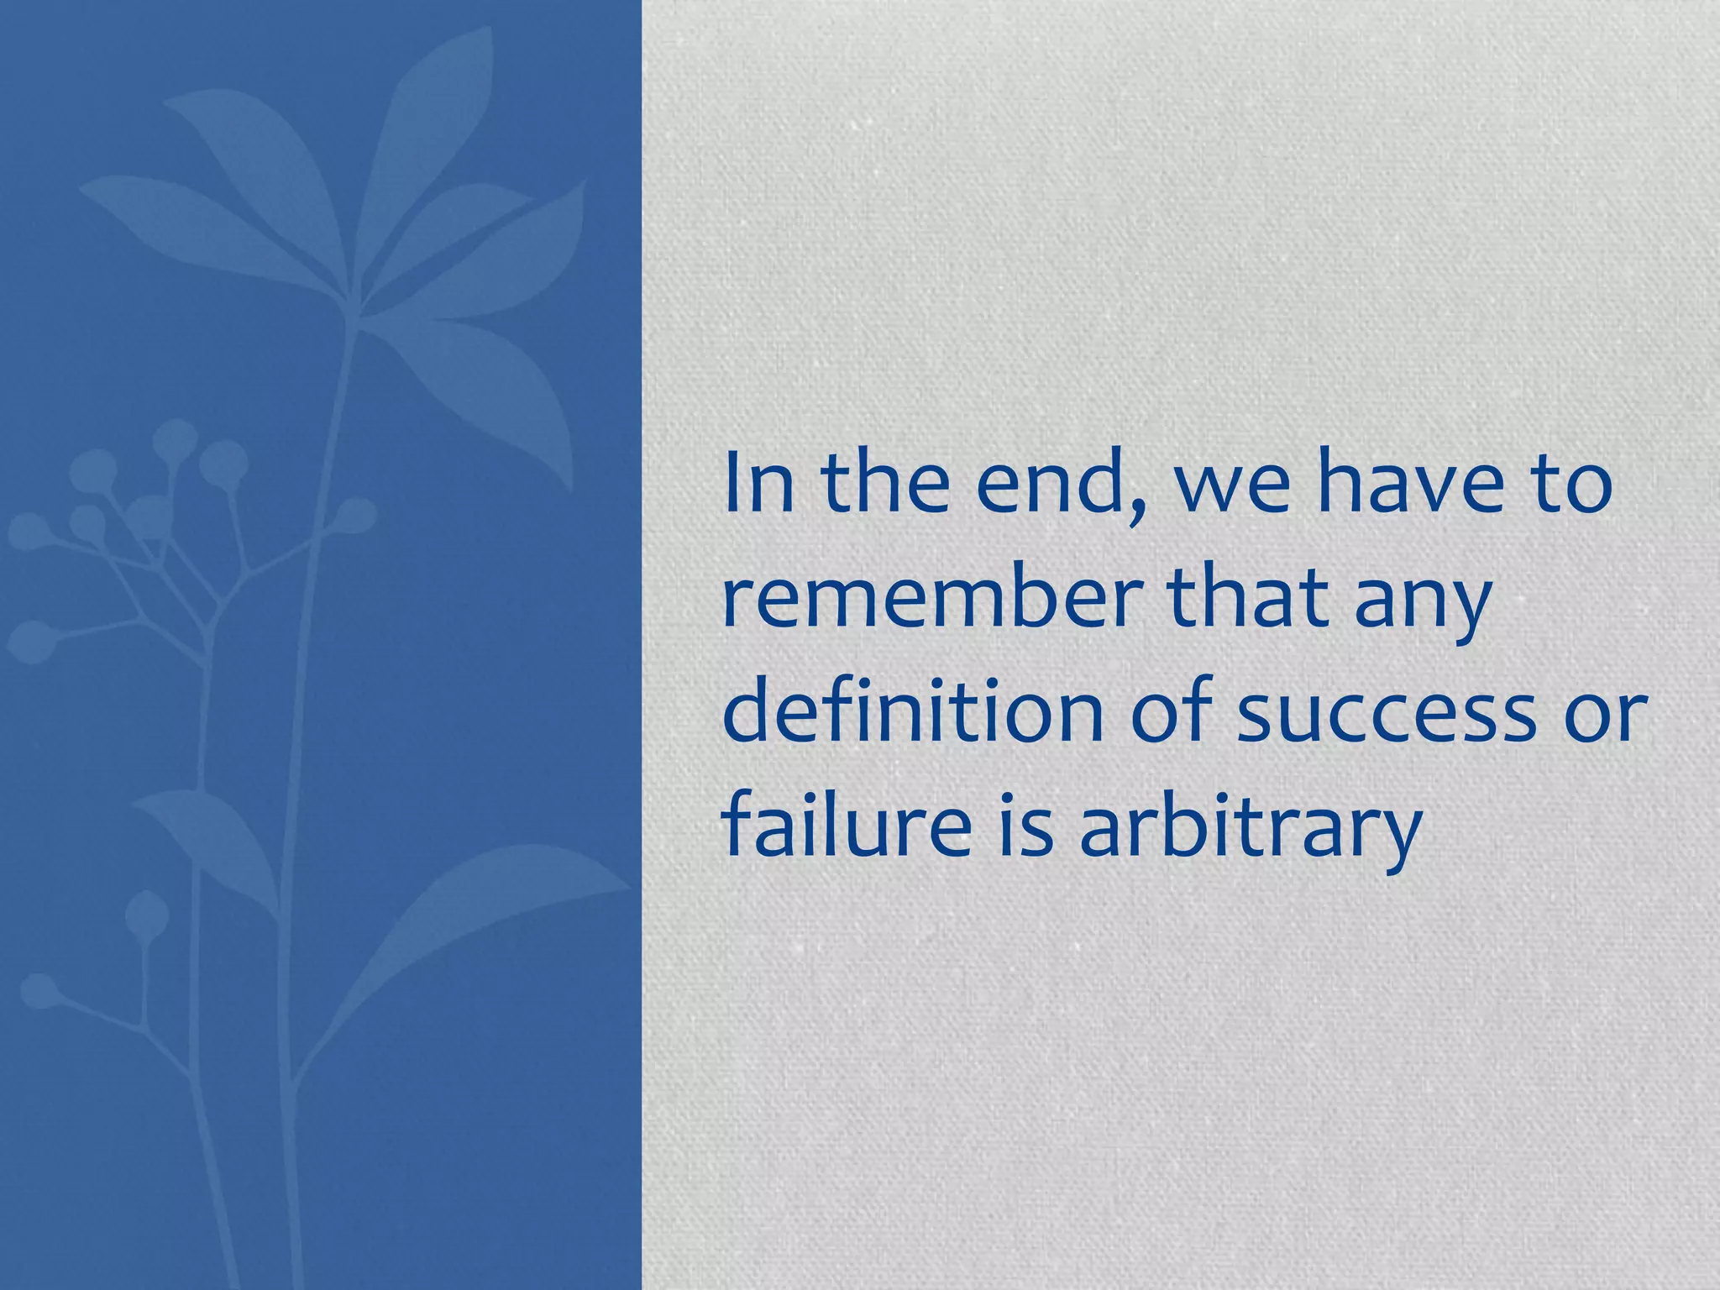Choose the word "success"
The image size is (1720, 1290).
pyautogui.click(x=1386, y=718)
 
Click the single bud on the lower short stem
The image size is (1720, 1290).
pyautogui.click(x=146, y=915)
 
